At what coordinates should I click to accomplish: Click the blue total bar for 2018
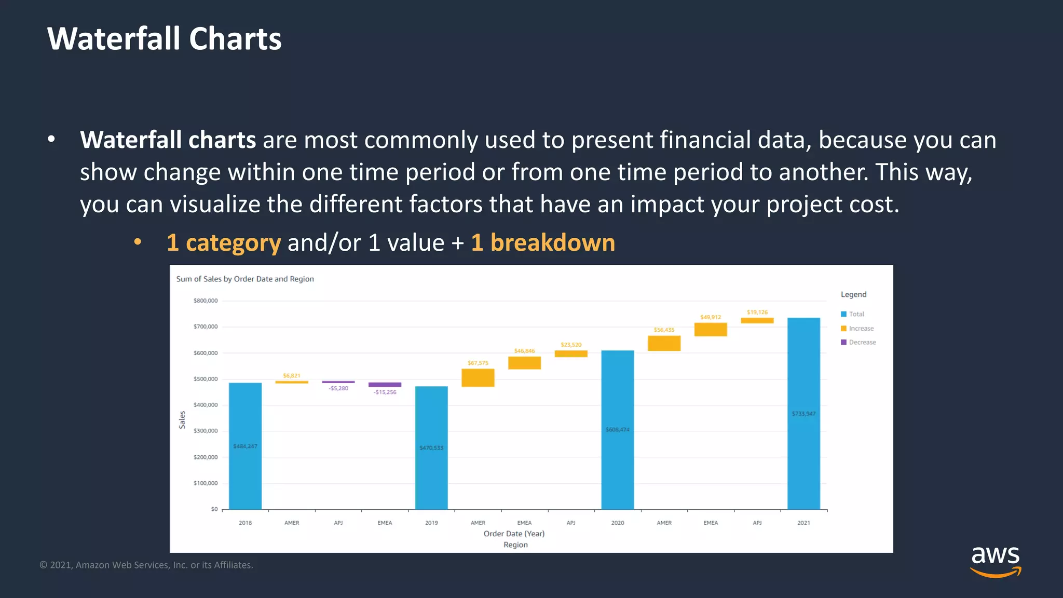(245, 446)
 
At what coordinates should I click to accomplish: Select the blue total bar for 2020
(617, 430)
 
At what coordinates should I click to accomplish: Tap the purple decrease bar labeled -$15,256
(385, 385)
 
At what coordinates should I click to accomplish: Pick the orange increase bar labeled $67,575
(478, 378)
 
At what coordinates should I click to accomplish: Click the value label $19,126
(757, 312)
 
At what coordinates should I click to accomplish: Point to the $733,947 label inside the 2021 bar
(803, 414)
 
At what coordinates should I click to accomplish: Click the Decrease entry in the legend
(862, 342)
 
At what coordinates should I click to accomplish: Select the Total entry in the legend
(856, 314)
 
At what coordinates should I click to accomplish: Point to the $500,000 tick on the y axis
(206, 379)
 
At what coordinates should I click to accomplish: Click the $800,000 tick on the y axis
(206, 301)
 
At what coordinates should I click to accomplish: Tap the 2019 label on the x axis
(431, 523)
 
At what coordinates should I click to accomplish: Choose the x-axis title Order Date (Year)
(514, 534)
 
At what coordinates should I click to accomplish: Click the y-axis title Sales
(182, 419)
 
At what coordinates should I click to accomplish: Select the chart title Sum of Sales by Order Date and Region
(245, 279)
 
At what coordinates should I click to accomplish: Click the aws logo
(995, 561)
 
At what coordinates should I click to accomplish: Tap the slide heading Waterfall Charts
(164, 39)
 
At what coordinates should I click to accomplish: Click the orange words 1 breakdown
(543, 242)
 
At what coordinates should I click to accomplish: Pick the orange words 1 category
(224, 242)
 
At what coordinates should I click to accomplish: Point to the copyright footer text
(146, 565)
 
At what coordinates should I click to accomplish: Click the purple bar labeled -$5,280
(338, 382)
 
